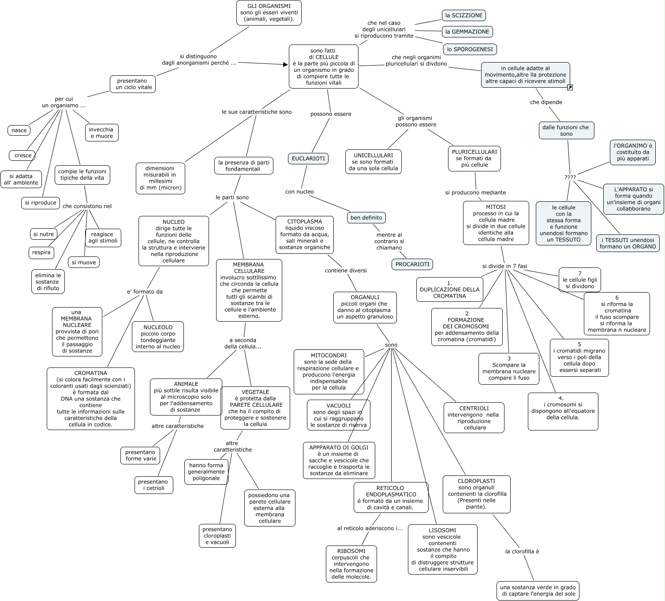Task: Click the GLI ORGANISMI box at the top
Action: coord(269,13)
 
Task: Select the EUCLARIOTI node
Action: coord(309,159)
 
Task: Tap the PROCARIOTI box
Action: coord(412,264)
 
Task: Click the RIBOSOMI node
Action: coord(351,564)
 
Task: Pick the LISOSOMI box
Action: coord(442,549)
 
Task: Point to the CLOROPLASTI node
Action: coord(476,494)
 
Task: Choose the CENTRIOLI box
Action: coord(474,418)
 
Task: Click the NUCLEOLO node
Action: coord(158,337)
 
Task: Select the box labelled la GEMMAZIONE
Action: coord(467,32)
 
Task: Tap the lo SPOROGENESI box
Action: coord(470,49)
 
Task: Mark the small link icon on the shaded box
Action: coord(570,88)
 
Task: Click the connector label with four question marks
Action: coord(570,178)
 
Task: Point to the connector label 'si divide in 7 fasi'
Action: coord(504,266)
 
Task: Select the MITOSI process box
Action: coord(496,223)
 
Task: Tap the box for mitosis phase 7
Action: coord(579,280)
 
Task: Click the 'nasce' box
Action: coord(19,130)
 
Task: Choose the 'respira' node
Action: coord(41,252)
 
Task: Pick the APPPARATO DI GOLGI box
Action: coord(339,460)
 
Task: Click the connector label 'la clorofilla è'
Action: coord(522,551)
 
